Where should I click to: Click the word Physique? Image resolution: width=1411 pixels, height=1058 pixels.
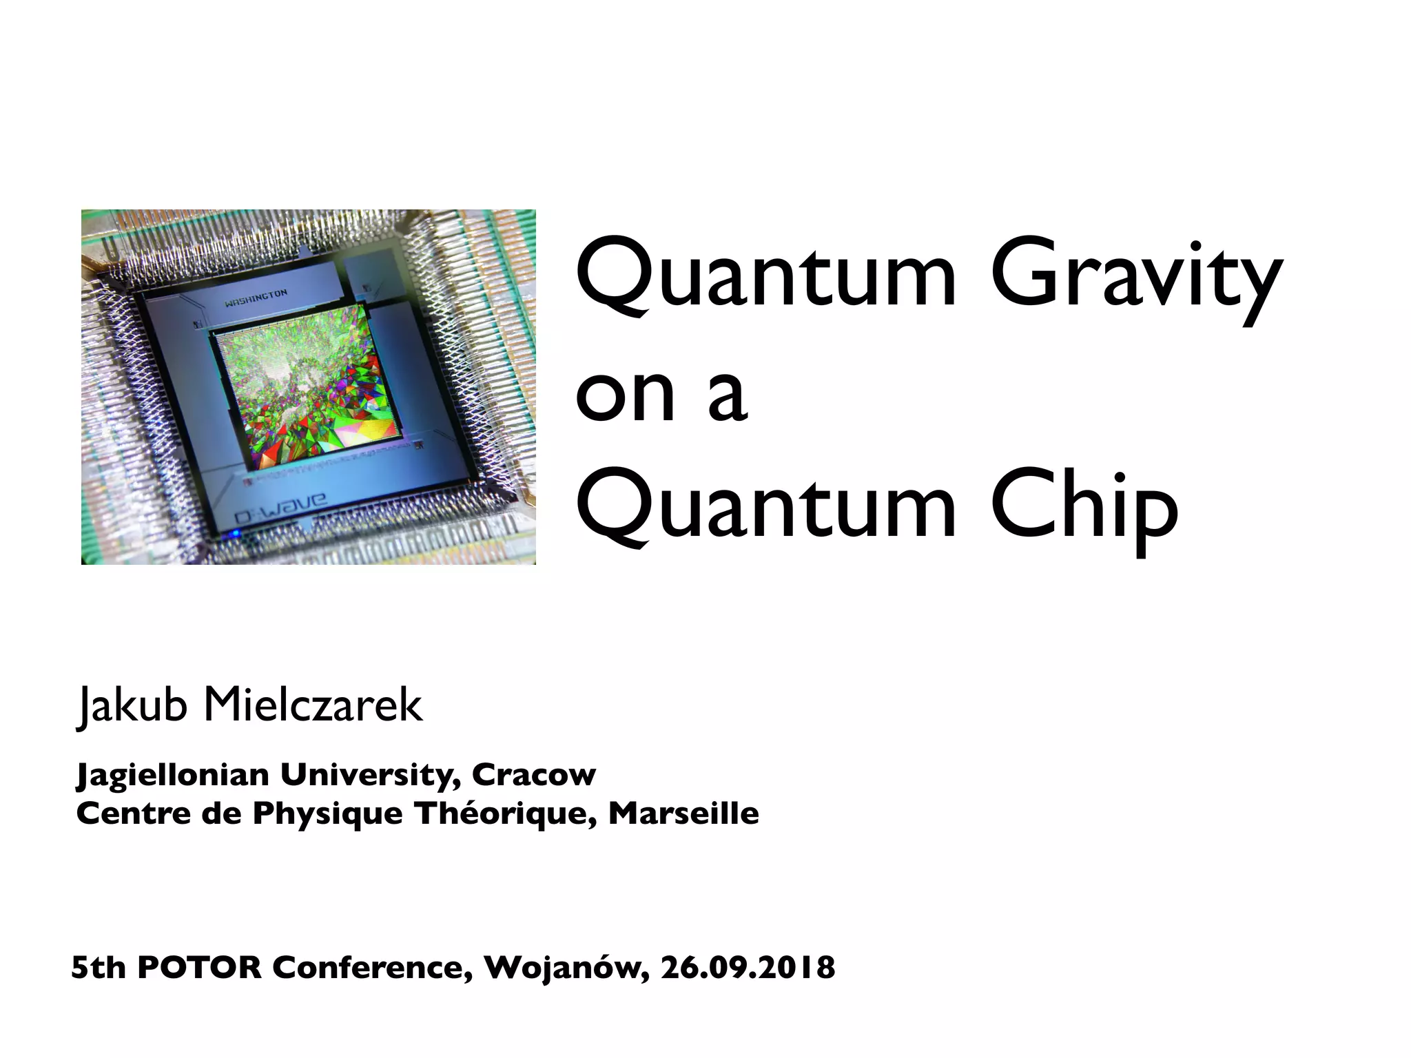(327, 814)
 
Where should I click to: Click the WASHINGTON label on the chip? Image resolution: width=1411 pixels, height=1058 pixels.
(256, 298)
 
